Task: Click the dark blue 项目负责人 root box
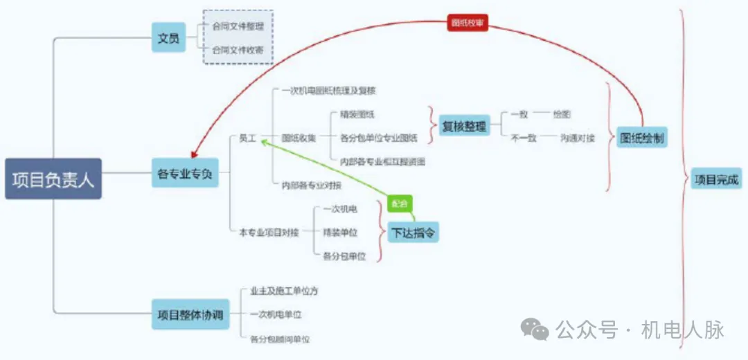[x=53, y=179]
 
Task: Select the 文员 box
[x=168, y=38]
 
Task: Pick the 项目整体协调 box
[x=189, y=314]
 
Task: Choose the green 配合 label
[x=400, y=204]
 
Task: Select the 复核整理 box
[x=464, y=126]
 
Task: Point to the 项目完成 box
[x=717, y=179]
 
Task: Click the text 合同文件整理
[x=238, y=26]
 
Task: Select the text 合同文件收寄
[x=238, y=51]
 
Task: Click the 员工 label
[x=247, y=138]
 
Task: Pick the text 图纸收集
[x=299, y=138]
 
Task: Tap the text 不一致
[x=524, y=138]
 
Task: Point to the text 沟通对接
[x=577, y=138]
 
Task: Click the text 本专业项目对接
[x=269, y=233]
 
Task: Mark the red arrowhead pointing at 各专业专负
[x=195, y=155]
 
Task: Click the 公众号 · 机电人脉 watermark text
[x=640, y=330]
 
